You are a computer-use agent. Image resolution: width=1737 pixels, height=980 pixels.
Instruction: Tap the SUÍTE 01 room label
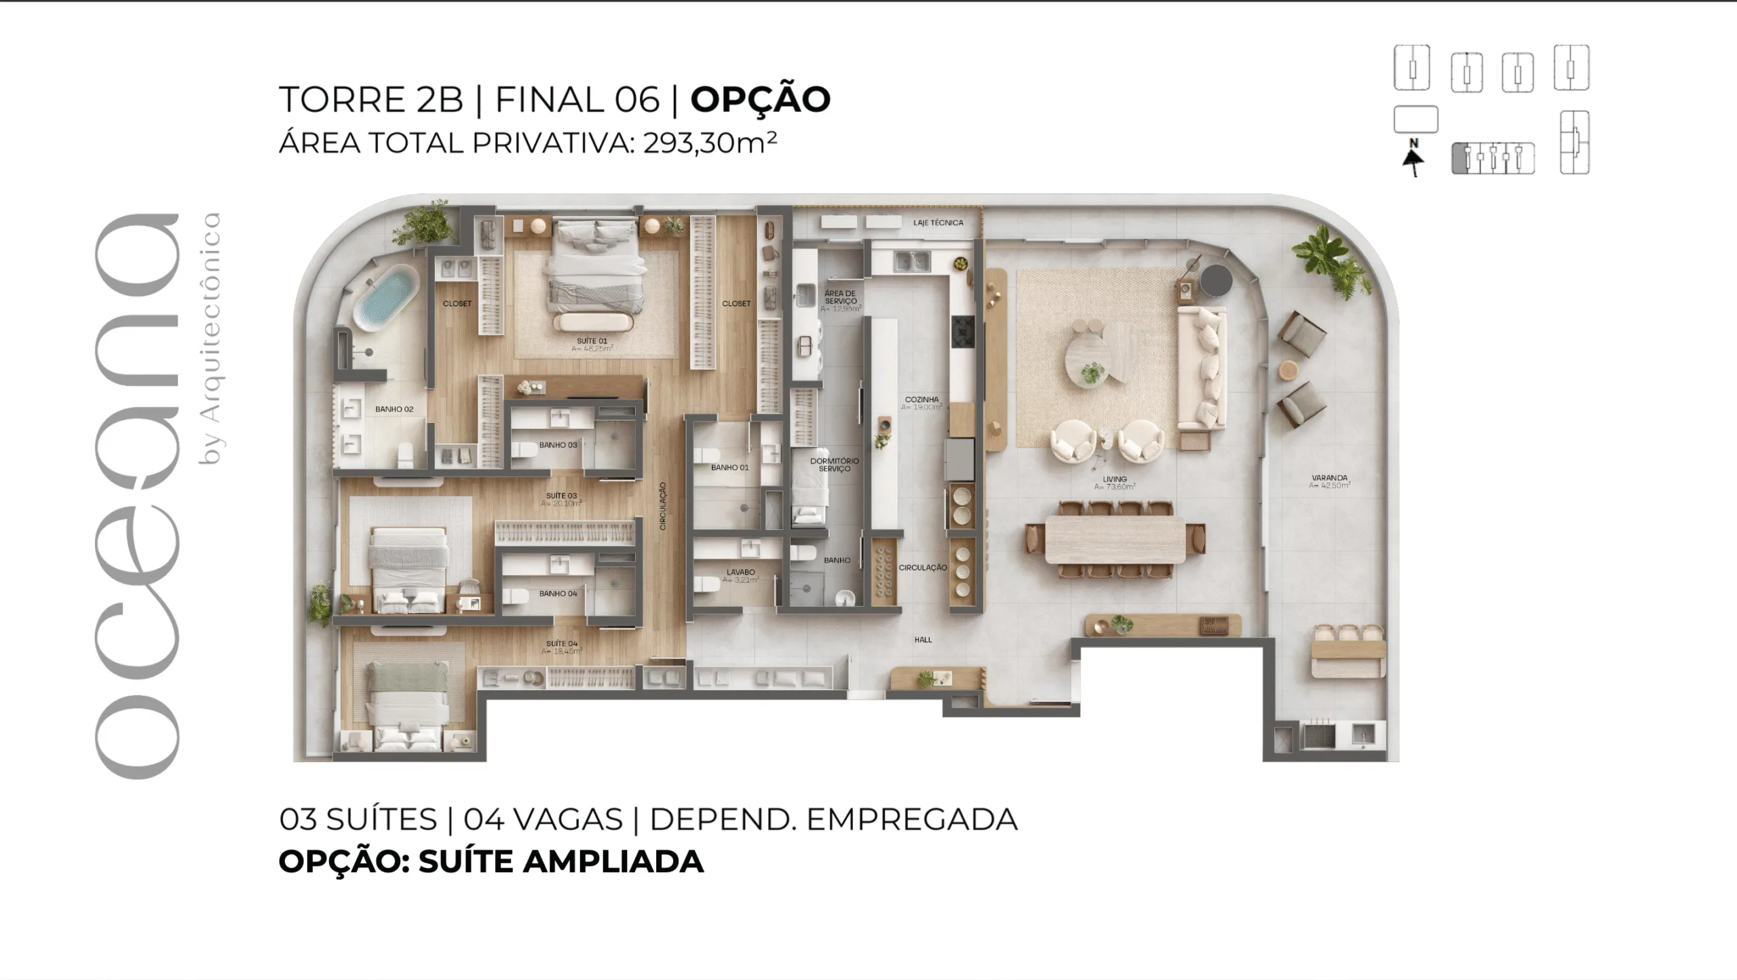[592, 341]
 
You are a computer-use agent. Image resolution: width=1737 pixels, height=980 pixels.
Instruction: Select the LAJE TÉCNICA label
[938, 223]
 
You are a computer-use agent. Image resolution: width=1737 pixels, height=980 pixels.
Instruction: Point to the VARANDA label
[1329, 478]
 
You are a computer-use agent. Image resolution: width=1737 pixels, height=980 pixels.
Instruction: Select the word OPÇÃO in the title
[760, 100]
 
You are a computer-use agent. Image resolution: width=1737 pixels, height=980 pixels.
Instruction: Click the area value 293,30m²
[710, 143]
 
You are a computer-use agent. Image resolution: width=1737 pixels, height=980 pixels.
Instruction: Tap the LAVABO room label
[740, 572]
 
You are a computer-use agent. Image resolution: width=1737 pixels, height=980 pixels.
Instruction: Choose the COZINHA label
[921, 400]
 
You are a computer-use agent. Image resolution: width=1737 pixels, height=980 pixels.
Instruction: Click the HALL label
[923, 639]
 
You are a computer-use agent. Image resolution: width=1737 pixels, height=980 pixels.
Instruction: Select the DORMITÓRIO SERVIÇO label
[834, 465]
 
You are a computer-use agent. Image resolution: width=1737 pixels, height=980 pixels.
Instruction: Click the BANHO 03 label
[558, 445]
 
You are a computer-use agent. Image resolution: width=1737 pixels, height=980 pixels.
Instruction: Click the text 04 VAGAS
[543, 820]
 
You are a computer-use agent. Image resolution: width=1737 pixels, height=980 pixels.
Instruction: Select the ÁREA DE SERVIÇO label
[841, 297]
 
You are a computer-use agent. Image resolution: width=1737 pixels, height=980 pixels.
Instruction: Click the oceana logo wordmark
[136, 495]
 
